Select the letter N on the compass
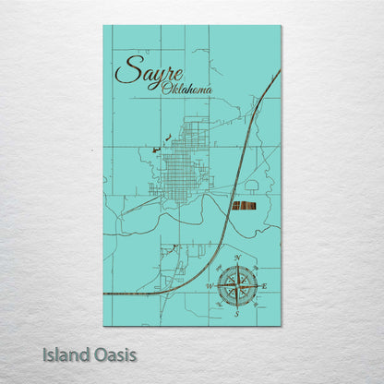[239, 258]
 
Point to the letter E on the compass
[265, 287]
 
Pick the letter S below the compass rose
[237, 315]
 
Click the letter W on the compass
[209, 287]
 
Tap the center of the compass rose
[237, 286]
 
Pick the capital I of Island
[45, 354]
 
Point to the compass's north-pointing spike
[237, 268]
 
